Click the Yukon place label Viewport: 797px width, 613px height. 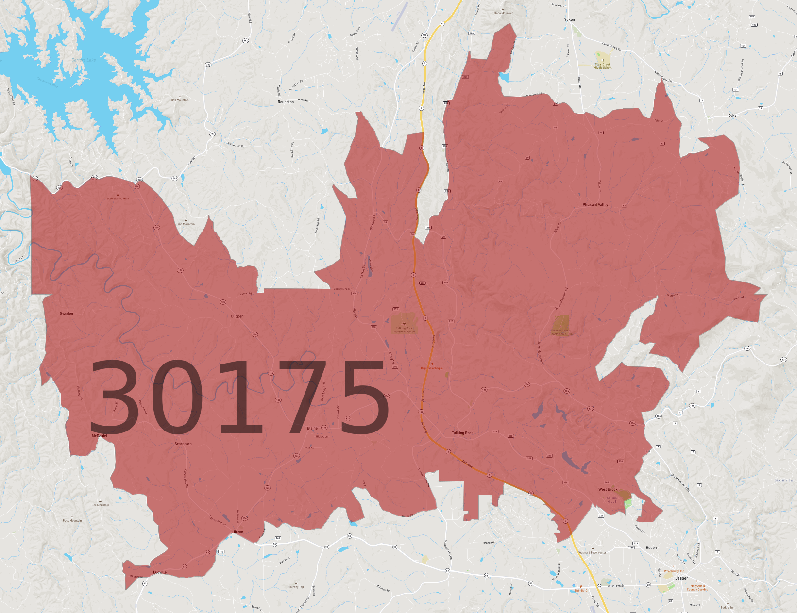click(x=569, y=20)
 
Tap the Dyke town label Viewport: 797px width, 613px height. click(x=732, y=116)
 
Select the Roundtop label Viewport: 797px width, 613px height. click(x=286, y=102)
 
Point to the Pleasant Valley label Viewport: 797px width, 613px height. click(x=595, y=205)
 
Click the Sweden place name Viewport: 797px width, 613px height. click(x=67, y=314)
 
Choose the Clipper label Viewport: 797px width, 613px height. click(x=237, y=316)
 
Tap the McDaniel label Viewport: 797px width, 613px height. click(x=100, y=436)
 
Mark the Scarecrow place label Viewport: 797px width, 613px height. click(x=183, y=444)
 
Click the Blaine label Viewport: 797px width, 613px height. click(x=312, y=428)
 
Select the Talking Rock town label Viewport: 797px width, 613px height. click(x=462, y=433)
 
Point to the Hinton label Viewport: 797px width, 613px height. click(x=237, y=532)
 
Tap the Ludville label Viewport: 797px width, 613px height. click(x=160, y=572)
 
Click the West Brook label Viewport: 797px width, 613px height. click(x=608, y=489)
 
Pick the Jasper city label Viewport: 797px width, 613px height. click(x=681, y=578)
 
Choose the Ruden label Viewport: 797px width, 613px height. click(x=651, y=547)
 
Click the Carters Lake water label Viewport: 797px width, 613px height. click(x=84, y=60)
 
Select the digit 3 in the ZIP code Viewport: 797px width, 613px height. click(x=113, y=397)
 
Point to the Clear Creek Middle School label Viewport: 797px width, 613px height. click(x=603, y=66)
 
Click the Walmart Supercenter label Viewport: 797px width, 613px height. click(x=592, y=552)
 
